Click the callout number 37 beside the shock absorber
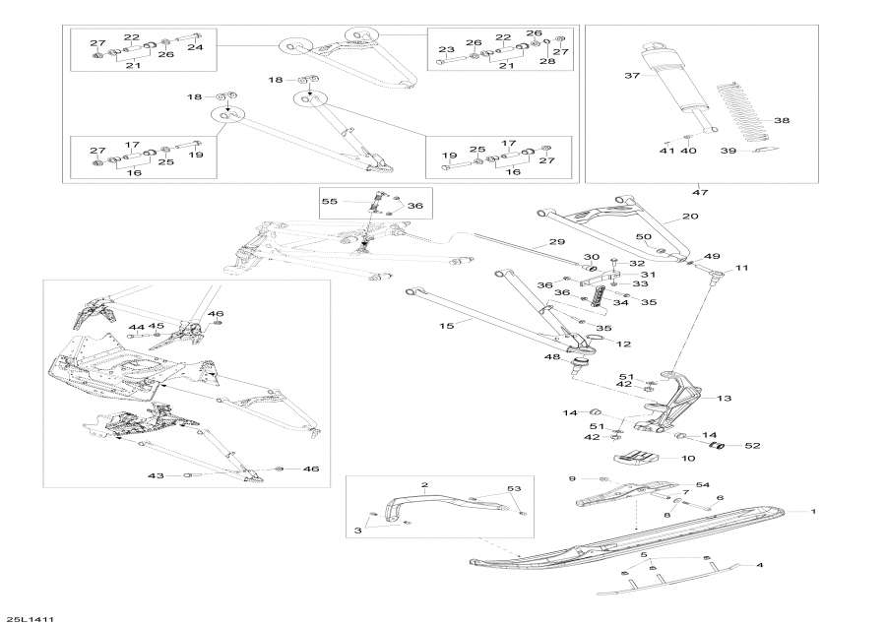[633, 76]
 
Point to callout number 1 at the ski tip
[814, 512]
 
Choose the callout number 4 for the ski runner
[759, 565]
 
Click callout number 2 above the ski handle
[425, 485]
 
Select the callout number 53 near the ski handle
[513, 488]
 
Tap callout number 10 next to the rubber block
[687, 459]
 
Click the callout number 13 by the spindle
[725, 398]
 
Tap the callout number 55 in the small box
[329, 201]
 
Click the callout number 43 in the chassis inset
[156, 475]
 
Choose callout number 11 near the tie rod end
[741, 268]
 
